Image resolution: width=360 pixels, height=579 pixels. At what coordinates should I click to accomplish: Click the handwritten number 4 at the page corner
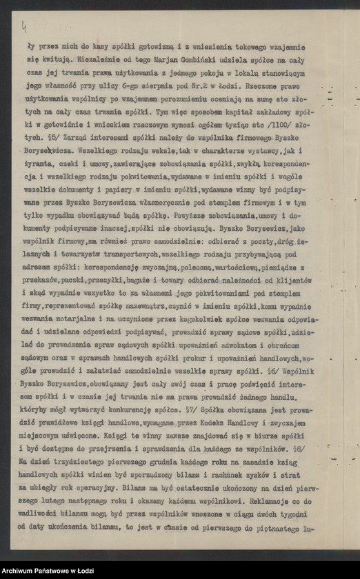click(25, 28)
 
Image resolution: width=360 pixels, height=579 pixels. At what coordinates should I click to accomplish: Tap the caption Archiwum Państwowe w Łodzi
click(47, 571)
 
